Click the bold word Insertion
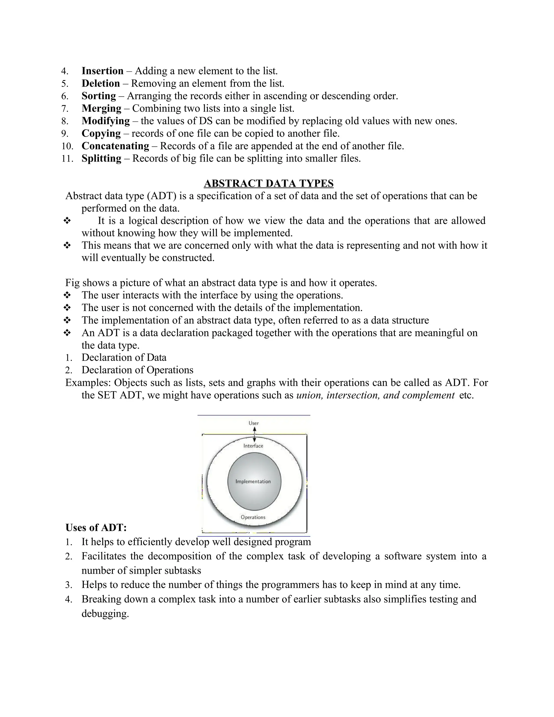(103, 71)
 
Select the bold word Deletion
(101, 83)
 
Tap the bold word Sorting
(99, 96)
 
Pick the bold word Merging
(101, 108)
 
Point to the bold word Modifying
(106, 121)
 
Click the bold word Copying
(101, 133)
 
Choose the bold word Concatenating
(115, 146)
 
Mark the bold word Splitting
(101, 158)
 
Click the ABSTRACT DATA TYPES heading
(268, 183)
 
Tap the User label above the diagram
(254, 423)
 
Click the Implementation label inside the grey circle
(253, 481)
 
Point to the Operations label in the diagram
(253, 517)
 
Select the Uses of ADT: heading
(96, 528)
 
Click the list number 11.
(67, 159)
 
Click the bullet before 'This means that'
(67, 245)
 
